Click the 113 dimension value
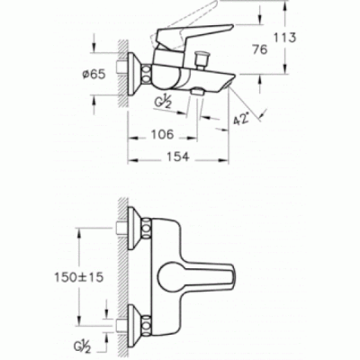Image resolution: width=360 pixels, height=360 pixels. click(x=284, y=38)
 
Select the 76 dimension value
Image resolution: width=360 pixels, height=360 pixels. click(x=260, y=49)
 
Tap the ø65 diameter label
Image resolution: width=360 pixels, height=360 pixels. click(x=94, y=75)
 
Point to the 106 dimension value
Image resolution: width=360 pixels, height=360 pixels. click(x=162, y=135)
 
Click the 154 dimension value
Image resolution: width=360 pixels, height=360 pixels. click(x=178, y=157)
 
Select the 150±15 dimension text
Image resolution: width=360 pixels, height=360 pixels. click(x=78, y=277)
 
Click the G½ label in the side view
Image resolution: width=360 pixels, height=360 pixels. click(x=163, y=103)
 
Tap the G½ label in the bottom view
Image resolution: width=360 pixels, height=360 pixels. click(x=82, y=347)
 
